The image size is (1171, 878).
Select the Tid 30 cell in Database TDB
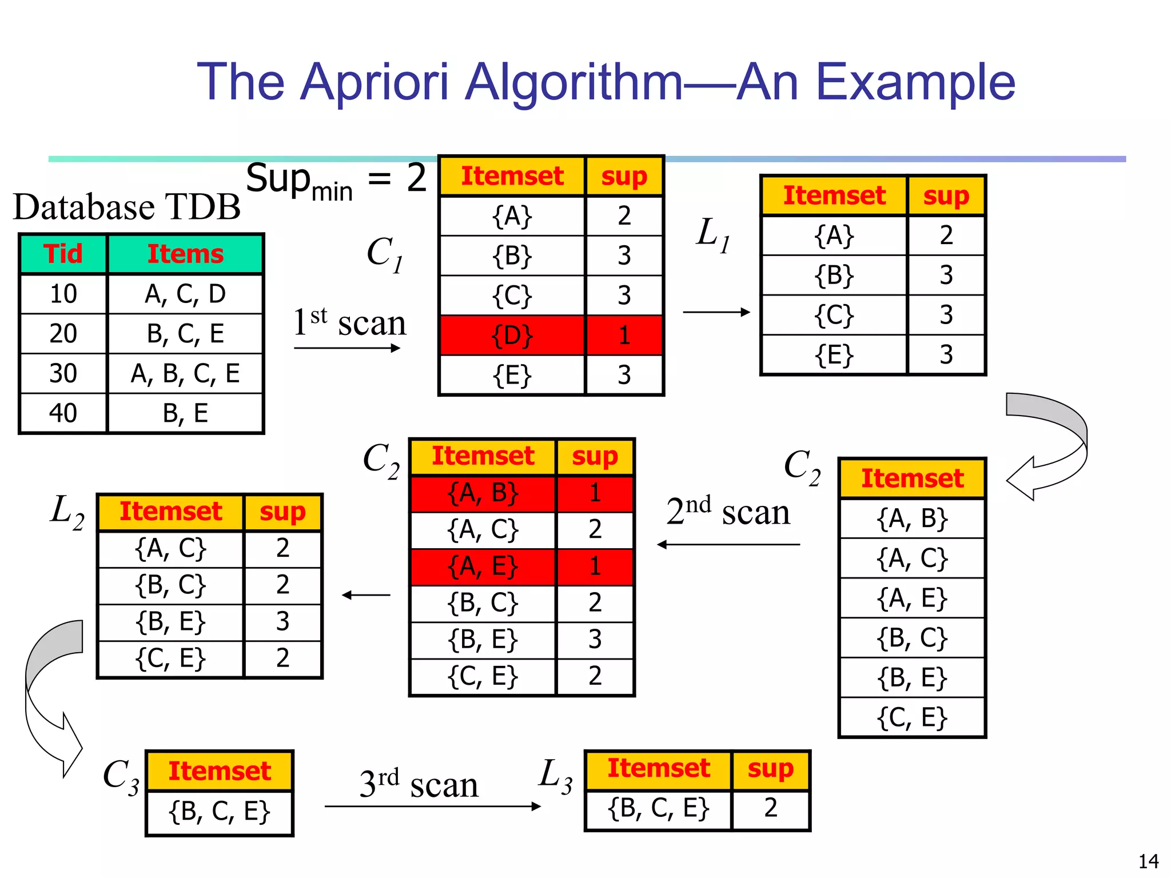[63, 373]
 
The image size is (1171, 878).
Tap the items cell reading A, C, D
[185, 294]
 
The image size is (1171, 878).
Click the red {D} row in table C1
[512, 336]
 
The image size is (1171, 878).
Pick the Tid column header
[63, 254]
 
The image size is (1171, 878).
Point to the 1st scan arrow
[347, 348]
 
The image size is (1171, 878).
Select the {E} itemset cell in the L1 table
[834, 355]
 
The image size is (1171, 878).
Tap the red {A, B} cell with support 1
[483, 493]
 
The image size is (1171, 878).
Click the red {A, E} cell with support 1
[483, 566]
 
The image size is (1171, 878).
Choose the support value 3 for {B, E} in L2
[282, 621]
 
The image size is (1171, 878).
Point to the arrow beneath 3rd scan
[432, 807]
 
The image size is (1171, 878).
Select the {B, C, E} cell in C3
[220, 812]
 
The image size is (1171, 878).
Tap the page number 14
[1148, 861]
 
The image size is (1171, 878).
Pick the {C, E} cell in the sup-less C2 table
[912, 717]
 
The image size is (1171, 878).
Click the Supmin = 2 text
[336, 180]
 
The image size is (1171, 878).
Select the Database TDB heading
[127, 207]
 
